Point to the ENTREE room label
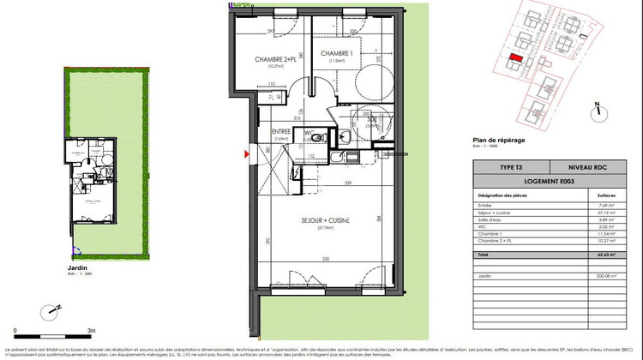click(x=282, y=132)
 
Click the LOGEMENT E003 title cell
click(x=550, y=182)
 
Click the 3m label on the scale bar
click(x=91, y=328)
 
